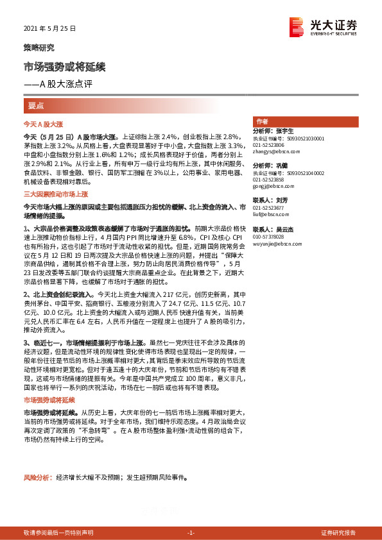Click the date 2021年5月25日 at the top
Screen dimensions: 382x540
(49, 29)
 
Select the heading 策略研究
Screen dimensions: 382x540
(39, 47)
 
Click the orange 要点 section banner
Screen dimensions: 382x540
(37, 105)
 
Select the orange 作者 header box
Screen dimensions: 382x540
(262, 121)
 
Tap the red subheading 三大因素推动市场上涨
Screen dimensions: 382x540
(55, 193)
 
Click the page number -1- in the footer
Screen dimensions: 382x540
(191, 533)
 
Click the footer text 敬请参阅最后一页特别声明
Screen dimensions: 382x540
(58, 533)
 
